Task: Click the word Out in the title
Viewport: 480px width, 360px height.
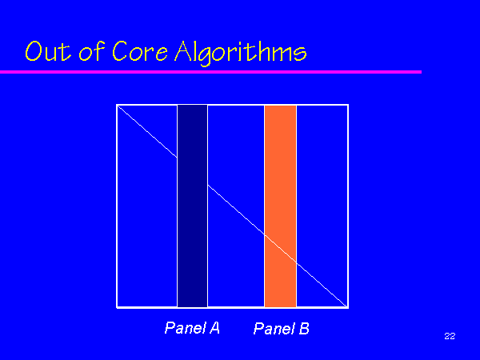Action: [48, 51]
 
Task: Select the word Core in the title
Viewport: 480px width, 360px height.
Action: [140, 51]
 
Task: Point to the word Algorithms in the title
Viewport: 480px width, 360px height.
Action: [241, 53]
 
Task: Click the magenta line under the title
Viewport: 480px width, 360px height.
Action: [210, 72]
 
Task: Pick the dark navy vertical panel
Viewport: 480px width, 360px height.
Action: [192, 206]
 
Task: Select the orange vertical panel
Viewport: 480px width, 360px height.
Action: [281, 206]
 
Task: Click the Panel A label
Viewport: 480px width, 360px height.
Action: [192, 328]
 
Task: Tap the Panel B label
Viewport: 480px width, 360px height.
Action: [282, 328]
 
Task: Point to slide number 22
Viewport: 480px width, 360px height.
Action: [450, 336]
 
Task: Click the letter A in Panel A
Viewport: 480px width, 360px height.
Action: [214, 328]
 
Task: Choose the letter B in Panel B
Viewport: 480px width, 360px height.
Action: [304, 328]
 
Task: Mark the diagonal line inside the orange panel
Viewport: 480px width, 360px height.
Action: [281, 248]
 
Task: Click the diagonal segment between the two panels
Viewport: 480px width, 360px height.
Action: [236, 210]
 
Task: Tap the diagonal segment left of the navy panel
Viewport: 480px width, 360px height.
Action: [147, 132]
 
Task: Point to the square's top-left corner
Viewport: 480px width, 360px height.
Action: [117, 105]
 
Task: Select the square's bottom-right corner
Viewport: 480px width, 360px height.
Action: [348, 307]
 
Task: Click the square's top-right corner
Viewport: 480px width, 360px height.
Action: [348, 105]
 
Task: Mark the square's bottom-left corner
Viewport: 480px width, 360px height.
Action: [117, 307]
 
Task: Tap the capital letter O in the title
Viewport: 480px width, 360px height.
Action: [34, 51]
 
